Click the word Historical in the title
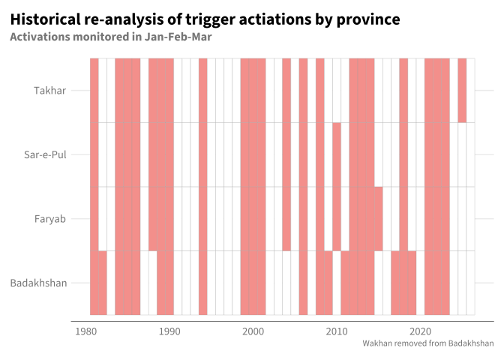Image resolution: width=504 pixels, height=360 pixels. [x=45, y=19]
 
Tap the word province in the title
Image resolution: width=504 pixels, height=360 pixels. [x=368, y=20]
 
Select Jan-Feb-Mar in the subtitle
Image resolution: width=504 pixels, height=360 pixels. [x=178, y=37]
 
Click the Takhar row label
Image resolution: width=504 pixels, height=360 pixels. [x=49, y=91]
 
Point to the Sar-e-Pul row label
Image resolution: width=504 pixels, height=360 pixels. [x=45, y=154]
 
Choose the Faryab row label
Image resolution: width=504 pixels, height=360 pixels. [x=50, y=219]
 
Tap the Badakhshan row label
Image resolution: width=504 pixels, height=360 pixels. [x=38, y=283]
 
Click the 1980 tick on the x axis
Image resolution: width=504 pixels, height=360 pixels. [x=85, y=331]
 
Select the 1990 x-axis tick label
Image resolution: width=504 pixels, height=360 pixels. [x=169, y=331]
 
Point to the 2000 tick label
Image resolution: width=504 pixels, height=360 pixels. [x=253, y=331]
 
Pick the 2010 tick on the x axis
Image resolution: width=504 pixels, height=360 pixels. [x=337, y=331]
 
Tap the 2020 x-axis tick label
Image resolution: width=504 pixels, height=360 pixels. [x=420, y=331]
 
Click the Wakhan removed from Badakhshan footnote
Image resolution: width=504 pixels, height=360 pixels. [x=428, y=343]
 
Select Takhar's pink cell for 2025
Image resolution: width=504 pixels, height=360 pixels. [x=462, y=90]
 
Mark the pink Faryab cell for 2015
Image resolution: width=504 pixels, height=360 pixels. [x=379, y=218]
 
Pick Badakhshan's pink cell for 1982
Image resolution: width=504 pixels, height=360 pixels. [x=103, y=283]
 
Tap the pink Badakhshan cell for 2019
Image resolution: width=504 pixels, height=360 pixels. [x=412, y=283]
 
